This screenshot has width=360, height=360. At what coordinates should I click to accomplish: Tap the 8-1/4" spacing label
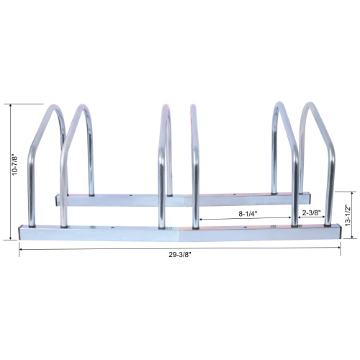click(x=246, y=213)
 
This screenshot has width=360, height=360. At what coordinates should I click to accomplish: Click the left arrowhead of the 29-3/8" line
click(x=20, y=248)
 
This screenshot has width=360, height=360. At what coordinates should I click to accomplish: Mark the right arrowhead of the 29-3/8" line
click(x=339, y=248)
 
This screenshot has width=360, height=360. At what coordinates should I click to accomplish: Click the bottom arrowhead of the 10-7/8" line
click(x=19, y=238)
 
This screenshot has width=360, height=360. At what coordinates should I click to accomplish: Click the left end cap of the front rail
click(x=22, y=232)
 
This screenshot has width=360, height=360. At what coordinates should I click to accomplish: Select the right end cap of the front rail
click(x=338, y=232)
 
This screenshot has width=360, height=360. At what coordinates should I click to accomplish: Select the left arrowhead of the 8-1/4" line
click(x=201, y=219)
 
